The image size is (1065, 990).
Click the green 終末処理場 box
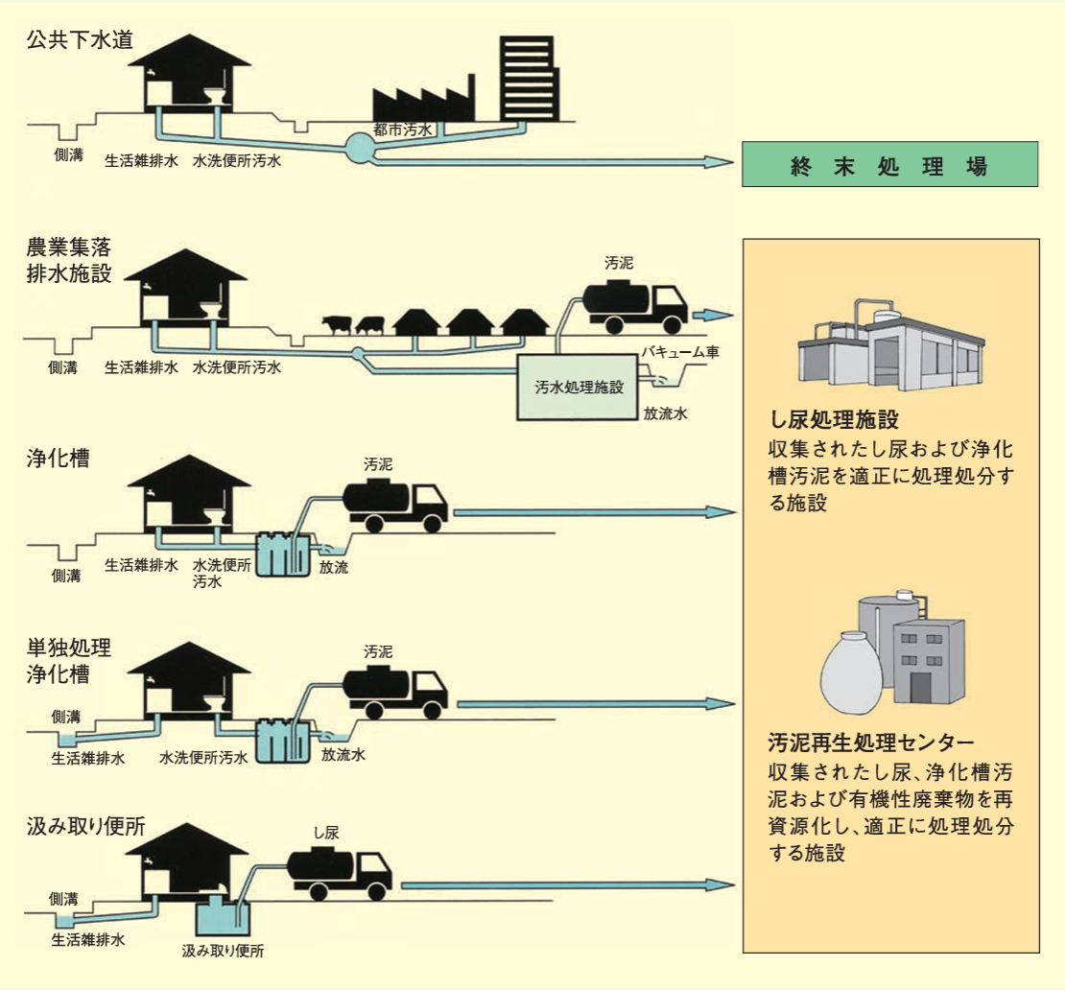point(889,164)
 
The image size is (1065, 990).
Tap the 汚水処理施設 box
point(579,387)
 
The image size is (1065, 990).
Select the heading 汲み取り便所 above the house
point(85,827)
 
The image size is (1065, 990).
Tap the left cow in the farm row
point(336,325)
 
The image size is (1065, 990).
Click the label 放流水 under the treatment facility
point(666,414)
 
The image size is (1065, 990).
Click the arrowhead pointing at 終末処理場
point(723,163)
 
